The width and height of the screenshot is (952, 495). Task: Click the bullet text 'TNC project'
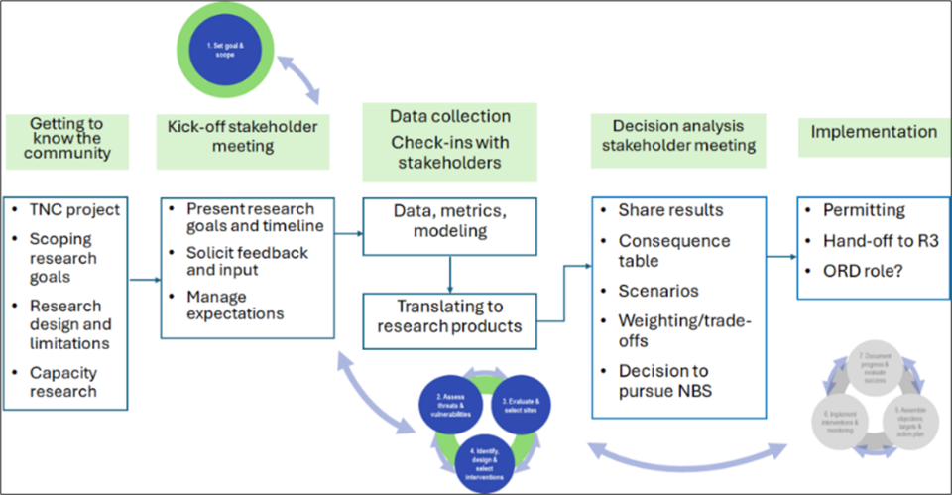74,209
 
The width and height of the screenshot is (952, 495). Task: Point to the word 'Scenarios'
658,292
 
